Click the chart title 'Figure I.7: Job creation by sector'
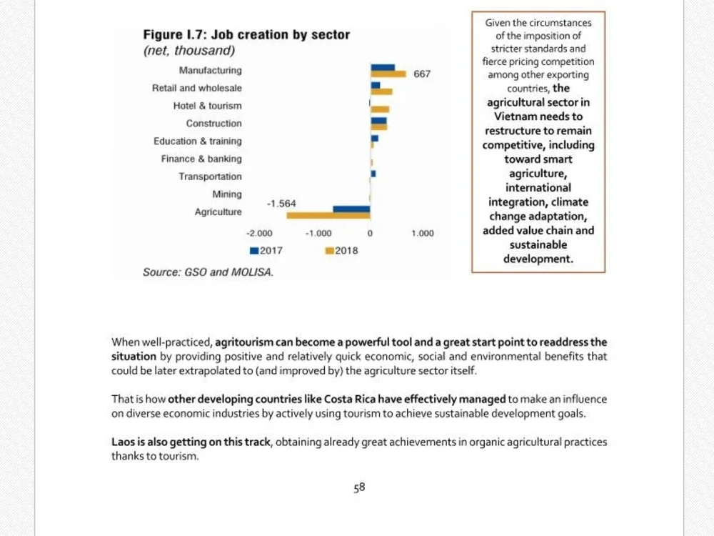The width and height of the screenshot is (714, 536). [x=246, y=34]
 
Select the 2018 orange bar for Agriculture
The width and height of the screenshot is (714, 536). [x=328, y=216]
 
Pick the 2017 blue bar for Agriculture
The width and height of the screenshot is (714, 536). [x=351, y=209]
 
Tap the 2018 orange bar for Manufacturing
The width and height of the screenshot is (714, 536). [x=388, y=74]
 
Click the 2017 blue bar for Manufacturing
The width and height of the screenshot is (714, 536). [x=383, y=68]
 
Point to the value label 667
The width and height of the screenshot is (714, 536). [x=422, y=74]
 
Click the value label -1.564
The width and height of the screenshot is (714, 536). [x=281, y=203]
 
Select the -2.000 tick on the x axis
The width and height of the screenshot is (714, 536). [x=259, y=234]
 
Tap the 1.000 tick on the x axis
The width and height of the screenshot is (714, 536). [x=423, y=234]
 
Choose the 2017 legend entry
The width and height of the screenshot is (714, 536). [x=266, y=251]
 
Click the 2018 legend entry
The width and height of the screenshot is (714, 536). [x=341, y=251]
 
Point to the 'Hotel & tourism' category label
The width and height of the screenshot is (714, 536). [x=207, y=106]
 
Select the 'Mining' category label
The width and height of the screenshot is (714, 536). [x=227, y=194]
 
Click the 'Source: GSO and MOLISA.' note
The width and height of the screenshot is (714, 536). [x=208, y=272]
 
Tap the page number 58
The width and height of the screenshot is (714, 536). [x=359, y=487]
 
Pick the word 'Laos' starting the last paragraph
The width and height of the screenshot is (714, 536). [x=123, y=442]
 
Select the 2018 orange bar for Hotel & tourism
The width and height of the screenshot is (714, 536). [x=380, y=109]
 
